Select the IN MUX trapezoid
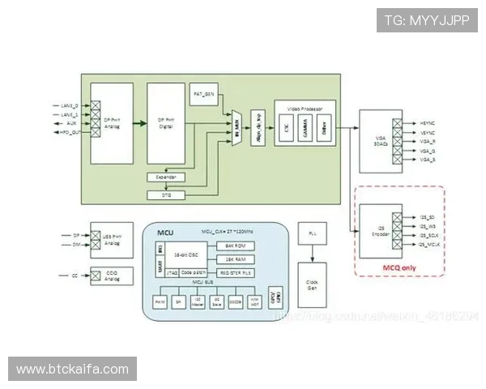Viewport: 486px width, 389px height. tap(237, 128)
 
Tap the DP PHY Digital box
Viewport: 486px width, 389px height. tap(165, 123)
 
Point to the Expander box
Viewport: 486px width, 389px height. tap(165, 177)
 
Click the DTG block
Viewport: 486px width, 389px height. tap(165, 195)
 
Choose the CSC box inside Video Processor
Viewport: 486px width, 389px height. tap(287, 126)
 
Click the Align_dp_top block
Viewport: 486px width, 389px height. tap(258, 126)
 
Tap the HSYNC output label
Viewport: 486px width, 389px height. tap(428, 122)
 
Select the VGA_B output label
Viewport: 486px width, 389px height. tap(428, 160)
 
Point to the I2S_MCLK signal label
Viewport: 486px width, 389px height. tap(430, 244)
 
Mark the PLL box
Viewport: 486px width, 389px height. tap(312, 234)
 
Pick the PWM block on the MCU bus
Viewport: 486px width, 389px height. tap(160, 301)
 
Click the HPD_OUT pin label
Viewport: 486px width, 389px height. tap(70, 132)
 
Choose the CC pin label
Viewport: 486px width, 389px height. tap(75, 276)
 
